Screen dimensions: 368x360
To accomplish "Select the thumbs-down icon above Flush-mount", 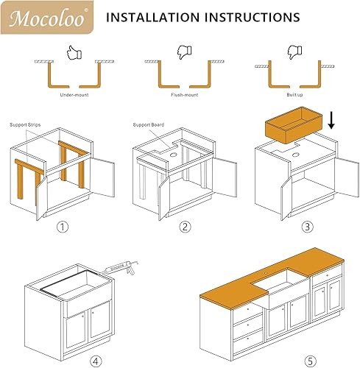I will (184, 52).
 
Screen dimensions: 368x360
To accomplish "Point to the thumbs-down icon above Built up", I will (294, 52).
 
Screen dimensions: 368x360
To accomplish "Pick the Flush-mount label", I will (184, 95).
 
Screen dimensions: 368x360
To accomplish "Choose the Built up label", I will (294, 95).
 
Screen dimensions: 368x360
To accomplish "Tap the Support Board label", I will (148, 125).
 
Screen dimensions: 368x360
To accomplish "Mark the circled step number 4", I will (93, 360).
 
